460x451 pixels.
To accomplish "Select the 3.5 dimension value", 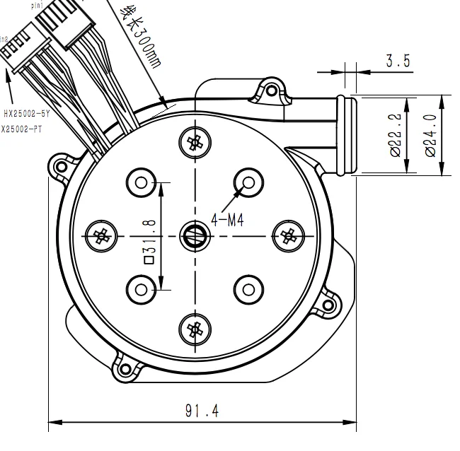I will (398, 61).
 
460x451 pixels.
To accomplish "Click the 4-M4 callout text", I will (226, 221).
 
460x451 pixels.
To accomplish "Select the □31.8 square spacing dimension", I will (150, 240).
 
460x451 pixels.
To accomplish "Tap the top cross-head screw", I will (193, 142).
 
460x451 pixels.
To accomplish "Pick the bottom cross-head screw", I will (193, 328).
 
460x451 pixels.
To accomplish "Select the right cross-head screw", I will (287, 235).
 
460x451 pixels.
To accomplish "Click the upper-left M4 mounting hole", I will (141, 183).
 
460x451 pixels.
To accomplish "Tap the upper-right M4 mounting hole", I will (248, 183).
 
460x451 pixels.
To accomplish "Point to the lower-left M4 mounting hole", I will (141, 288).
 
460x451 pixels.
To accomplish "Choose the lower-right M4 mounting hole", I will (248, 288).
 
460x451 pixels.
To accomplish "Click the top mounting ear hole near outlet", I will (271, 90).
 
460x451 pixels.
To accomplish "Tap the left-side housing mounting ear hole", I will (59, 167).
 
